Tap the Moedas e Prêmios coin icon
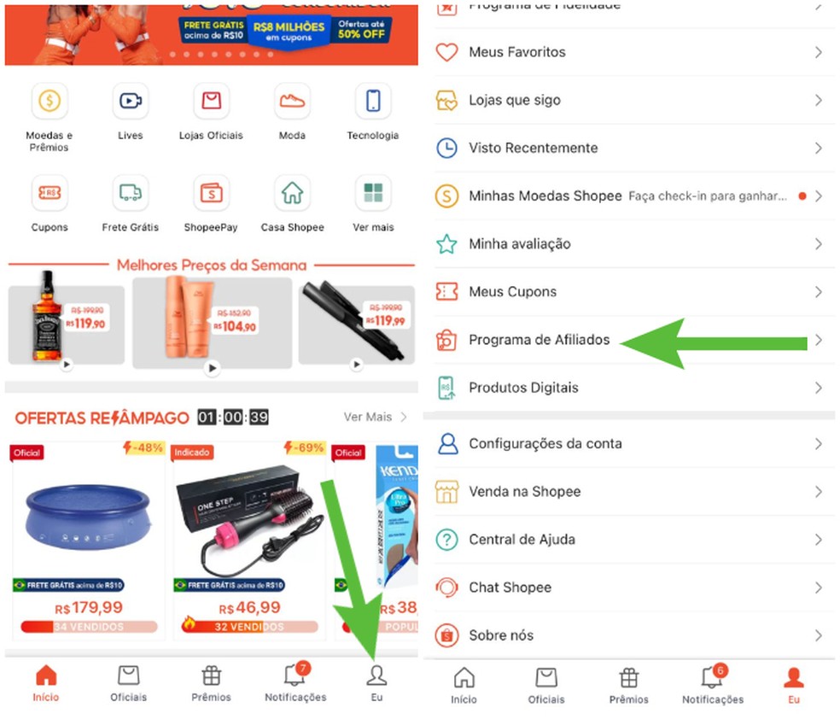[x=50, y=102]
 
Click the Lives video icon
[x=130, y=102]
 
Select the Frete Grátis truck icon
[x=130, y=193]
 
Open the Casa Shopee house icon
[x=292, y=193]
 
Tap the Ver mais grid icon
[x=373, y=193]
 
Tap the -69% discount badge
[x=305, y=448]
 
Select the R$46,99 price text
[x=249, y=608]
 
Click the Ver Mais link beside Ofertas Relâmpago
[x=368, y=417]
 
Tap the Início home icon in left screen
[x=46, y=676]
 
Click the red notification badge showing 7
[x=304, y=667]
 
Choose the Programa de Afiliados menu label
[x=539, y=340]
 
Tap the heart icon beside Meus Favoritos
[x=446, y=52]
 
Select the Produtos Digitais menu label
[x=523, y=388]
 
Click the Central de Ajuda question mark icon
[x=446, y=540]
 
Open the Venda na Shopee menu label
[x=524, y=492]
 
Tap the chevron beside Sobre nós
[x=818, y=635]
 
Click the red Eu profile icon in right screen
[x=794, y=678]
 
